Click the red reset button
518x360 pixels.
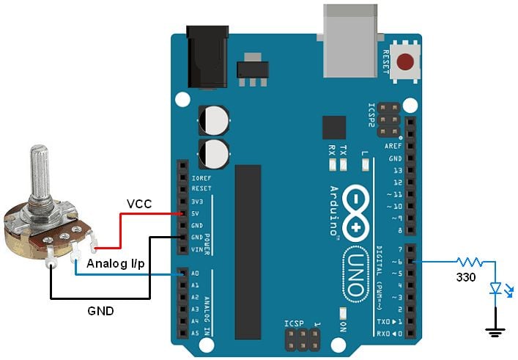pos(404,63)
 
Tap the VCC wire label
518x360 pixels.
pos(139,204)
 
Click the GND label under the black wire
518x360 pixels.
pos(100,311)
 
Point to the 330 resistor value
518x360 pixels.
pos(465,278)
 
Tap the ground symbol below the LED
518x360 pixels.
pos(496,332)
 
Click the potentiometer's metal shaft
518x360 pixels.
pos(39,176)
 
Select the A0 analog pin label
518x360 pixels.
pos(195,274)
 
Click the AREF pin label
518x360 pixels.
pos(393,146)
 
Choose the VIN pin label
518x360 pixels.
pos(196,250)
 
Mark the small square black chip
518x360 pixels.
pos(333,128)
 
